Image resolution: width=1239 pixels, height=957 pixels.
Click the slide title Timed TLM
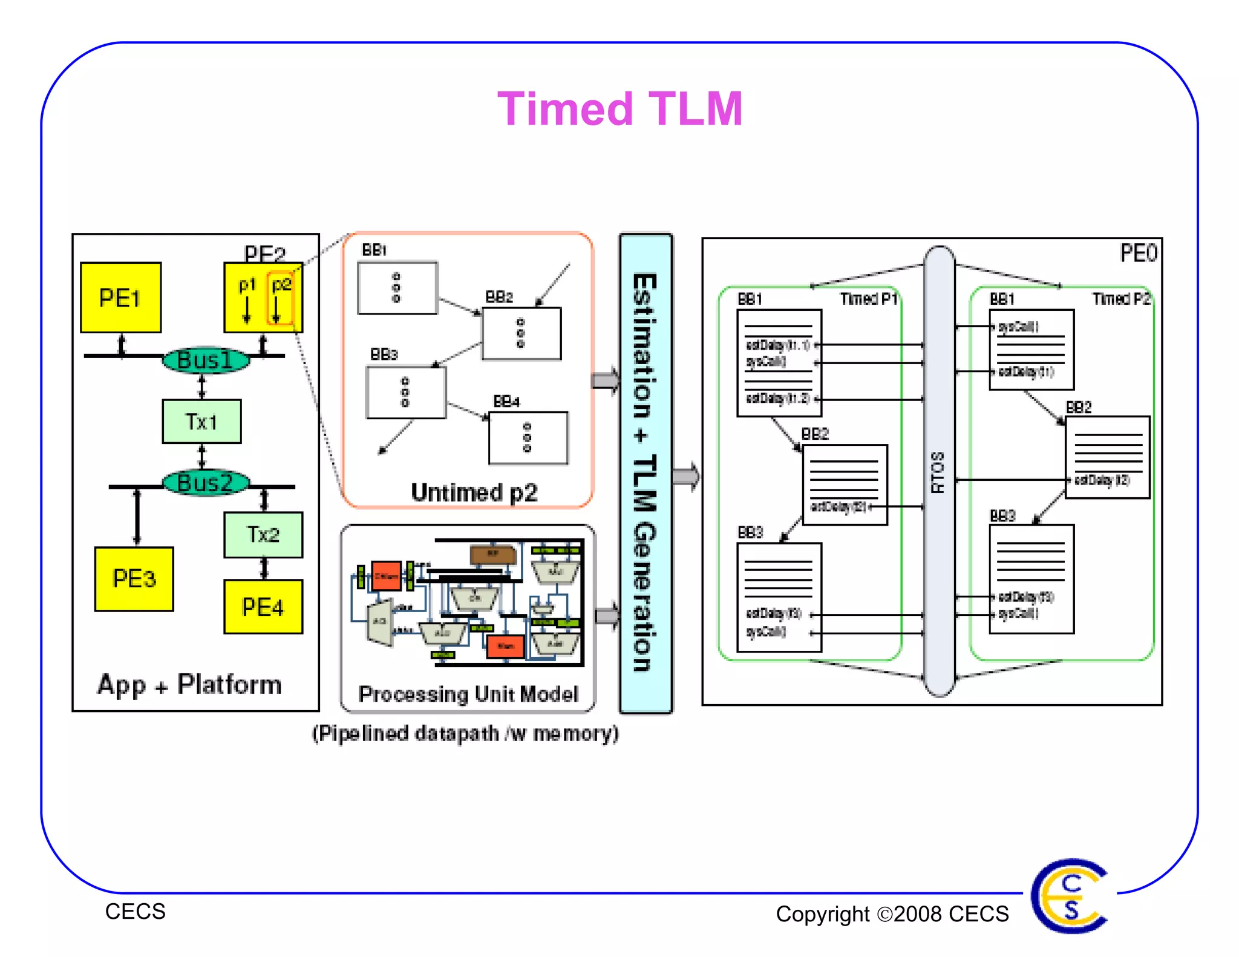pyautogui.click(x=619, y=109)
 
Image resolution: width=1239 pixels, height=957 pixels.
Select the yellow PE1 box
pyautogui.click(x=120, y=298)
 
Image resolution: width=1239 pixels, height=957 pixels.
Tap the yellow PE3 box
pyautogui.click(x=134, y=579)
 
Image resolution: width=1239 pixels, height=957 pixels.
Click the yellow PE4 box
pyautogui.click(x=263, y=607)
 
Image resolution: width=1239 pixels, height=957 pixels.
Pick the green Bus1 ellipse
pyautogui.click(x=206, y=361)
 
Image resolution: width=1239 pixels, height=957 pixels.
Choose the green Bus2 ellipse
pyautogui.click(x=206, y=483)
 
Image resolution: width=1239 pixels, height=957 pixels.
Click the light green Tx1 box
pyautogui.click(x=201, y=422)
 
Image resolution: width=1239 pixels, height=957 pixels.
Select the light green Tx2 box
pyautogui.click(x=263, y=535)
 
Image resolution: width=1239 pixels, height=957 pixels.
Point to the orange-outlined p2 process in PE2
pyautogui.click(x=280, y=298)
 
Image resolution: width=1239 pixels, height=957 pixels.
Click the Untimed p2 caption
pyautogui.click(x=474, y=492)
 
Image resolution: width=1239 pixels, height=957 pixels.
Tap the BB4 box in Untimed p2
pyautogui.click(x=528, y=438)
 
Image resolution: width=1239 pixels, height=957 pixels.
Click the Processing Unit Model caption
pyautogui.click(x=468, y=694)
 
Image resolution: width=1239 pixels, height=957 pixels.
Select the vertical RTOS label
pyautogui.click(x=938, y=472)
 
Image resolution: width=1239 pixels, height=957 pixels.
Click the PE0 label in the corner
pyautogui.click(x=1138, y=253)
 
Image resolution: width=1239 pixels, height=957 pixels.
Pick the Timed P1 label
pyautogui.click(x=868, y=299)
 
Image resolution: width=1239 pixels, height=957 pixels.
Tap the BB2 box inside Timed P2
pyautogui.click(x=1107, y=457)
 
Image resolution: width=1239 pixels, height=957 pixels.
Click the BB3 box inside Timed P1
pyautogui.click(x=779, y=597)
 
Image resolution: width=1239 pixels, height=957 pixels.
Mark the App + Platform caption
pyautogui.click(x=189, y=685)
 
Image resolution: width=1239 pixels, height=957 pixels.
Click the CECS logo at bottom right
pyautogui.click(x=1070, y=896)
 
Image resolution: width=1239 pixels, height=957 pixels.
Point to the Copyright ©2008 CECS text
pyautogui.click(x=892, y=913)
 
